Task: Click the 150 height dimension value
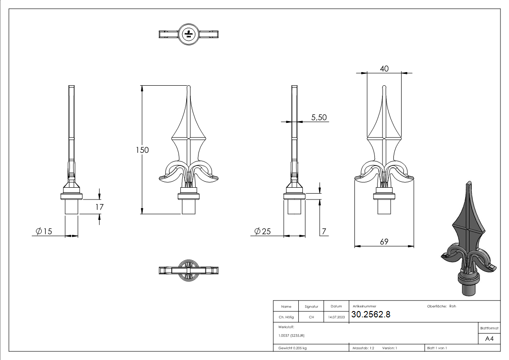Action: coord(142,150)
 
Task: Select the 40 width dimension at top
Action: coord(384,68)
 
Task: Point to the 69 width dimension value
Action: coord(384,242)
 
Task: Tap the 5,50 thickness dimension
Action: coord(319,117)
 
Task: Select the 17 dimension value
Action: coord(100,207)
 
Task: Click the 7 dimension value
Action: coord(324,232)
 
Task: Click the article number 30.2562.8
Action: coord(371,315)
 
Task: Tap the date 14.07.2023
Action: coord(336,317)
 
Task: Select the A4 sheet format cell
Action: coord(489,339)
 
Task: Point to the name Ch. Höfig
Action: coord(286,317)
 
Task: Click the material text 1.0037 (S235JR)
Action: coord(291,335)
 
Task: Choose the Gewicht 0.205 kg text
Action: coord(293,348)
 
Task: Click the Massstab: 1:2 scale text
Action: coord(363,348)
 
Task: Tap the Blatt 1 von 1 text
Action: coord(437,348)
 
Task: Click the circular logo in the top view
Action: coord(188,34)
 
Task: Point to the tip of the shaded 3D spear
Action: coord(467,183)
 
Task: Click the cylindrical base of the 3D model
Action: coord(469,288)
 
